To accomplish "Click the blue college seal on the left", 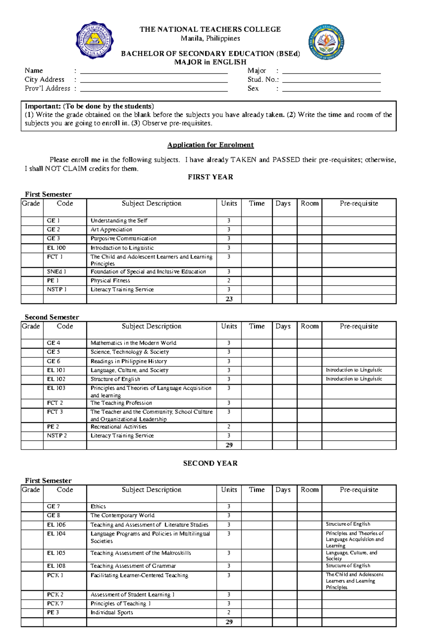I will click(94, 40).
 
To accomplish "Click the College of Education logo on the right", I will click(326, 42).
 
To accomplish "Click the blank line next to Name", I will click(154, 72).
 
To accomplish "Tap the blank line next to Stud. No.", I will click(331, 80).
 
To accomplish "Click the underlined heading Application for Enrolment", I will click(210, 145).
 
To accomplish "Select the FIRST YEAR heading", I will click(210, 177).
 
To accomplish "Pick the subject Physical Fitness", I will click(110, 280).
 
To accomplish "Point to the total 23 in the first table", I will click(229, 299).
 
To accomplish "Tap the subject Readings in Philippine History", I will click(129, 361).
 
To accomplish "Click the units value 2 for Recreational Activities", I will click(229, 427).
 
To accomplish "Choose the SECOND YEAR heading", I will click(210, 463).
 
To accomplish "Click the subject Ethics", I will click(98, 506).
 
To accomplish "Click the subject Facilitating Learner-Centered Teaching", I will click(139, 575).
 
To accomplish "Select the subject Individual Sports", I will click(112, 612).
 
